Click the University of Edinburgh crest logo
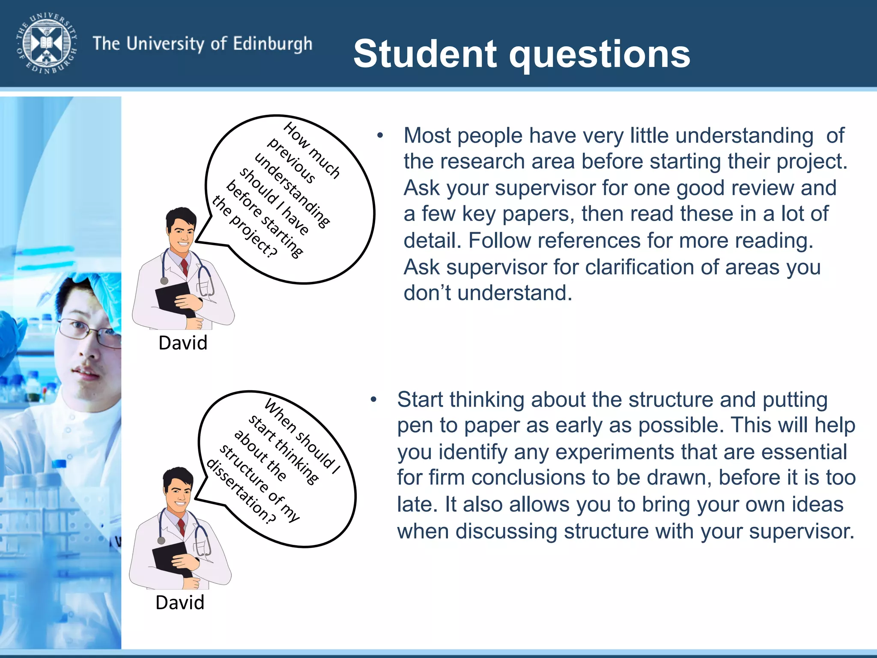47,43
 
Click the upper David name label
183,343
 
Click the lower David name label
180,603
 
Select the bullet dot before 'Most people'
380,136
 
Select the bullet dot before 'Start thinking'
373,400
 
